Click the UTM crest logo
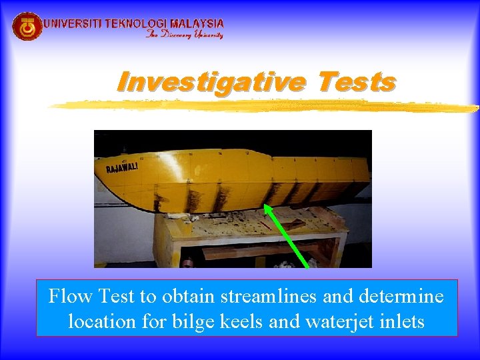point(27,27)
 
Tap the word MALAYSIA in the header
point(198,23)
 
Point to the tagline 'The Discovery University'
point(185,35)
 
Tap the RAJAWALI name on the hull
point(122,168)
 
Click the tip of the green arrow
point(265,206)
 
